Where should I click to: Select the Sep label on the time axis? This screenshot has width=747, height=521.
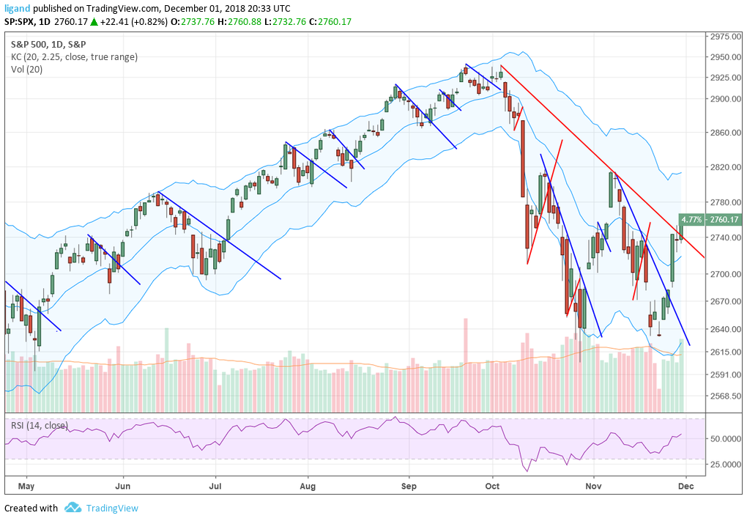coord(409,485)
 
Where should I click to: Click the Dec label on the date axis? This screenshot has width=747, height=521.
coord(686,485)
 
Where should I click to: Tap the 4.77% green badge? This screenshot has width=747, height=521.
coord(691,219)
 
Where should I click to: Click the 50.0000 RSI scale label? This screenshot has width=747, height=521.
coord(726,438)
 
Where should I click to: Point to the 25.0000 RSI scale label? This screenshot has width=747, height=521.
coord(726,465)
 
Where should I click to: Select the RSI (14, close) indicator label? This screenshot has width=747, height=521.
coord(39,425)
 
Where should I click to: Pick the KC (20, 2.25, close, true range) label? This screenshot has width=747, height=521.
coord(73,57)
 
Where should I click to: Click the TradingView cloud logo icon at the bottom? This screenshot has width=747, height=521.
coord(73,508)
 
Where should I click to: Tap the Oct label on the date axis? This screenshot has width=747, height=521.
coord(492,485)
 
